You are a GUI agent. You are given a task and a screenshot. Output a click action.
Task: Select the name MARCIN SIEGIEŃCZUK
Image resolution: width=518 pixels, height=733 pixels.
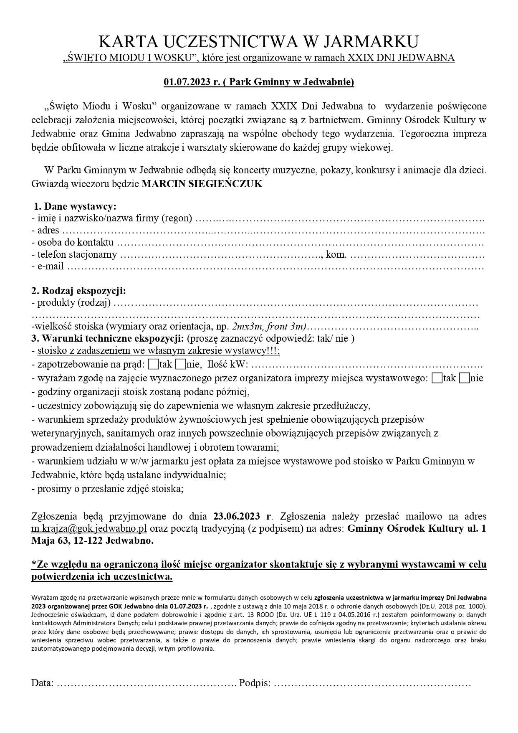coord(202,184)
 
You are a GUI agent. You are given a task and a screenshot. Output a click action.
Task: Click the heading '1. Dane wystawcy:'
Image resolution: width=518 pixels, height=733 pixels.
coord(75,206)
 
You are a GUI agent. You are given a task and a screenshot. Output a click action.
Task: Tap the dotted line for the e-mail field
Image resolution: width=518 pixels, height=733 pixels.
coord(275,267)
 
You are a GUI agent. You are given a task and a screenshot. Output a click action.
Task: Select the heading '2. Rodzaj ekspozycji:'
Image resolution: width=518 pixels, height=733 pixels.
coord(79,291)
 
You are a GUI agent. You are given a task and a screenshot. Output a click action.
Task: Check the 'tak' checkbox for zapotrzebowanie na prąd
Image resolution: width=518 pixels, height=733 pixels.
coord(153,365)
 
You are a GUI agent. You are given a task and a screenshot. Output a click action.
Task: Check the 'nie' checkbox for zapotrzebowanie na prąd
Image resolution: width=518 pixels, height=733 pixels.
coord(180,365)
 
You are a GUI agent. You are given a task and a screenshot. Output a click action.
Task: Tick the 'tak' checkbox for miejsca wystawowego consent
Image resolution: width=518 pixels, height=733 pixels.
coord(437,378)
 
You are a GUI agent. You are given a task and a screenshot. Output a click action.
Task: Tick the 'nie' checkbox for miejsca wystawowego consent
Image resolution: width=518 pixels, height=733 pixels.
coord(464,378)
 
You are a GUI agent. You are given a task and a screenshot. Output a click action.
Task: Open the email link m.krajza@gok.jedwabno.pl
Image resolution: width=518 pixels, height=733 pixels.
coord(89,528)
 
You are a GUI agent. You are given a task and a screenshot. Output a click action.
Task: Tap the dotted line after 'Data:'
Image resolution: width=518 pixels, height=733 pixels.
coord(146,684)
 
